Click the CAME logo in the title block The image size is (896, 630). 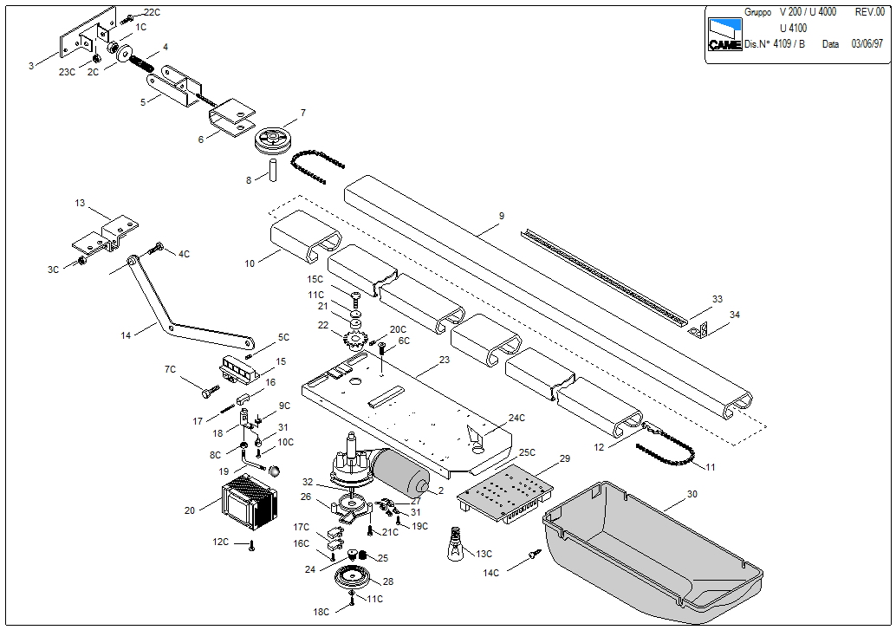[x=724, y=35]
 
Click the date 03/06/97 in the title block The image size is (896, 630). [x=867, y=44]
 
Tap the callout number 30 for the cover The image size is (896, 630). [x=691, y=493]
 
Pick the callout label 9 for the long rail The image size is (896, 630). [x=501, y=215]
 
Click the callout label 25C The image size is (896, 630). [x=527, y=453]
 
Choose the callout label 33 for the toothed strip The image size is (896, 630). [x=717, y=299]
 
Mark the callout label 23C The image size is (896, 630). [x=67, y=72]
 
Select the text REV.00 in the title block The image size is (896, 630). [x=869, y=12]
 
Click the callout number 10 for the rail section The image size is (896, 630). [x=250, y=263]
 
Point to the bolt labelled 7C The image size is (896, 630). [x=208, y=393]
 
